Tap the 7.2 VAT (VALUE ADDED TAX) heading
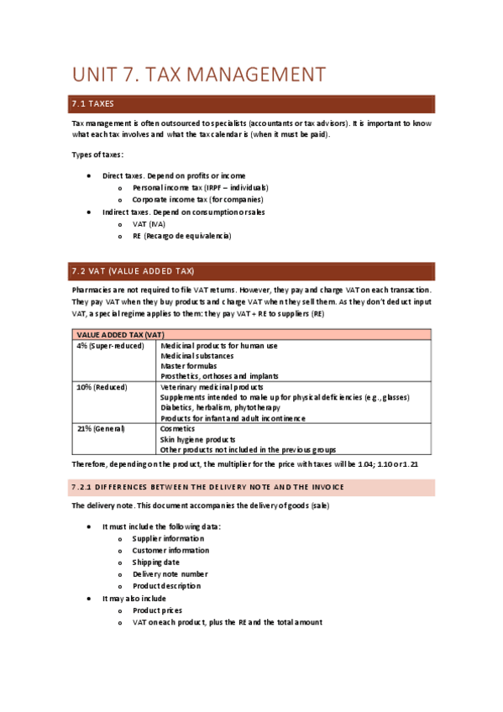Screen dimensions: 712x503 133,271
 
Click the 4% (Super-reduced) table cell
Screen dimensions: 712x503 109,346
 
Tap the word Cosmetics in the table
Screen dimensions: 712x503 177,429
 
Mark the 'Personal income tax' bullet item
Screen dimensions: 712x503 200,188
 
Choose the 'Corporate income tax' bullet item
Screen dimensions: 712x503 197,200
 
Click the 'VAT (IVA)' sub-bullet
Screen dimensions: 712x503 149,224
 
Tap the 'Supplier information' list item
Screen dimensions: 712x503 168,538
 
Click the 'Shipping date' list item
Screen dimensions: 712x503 156,563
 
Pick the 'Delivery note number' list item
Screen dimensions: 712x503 170,574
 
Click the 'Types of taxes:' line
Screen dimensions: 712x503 97,154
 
